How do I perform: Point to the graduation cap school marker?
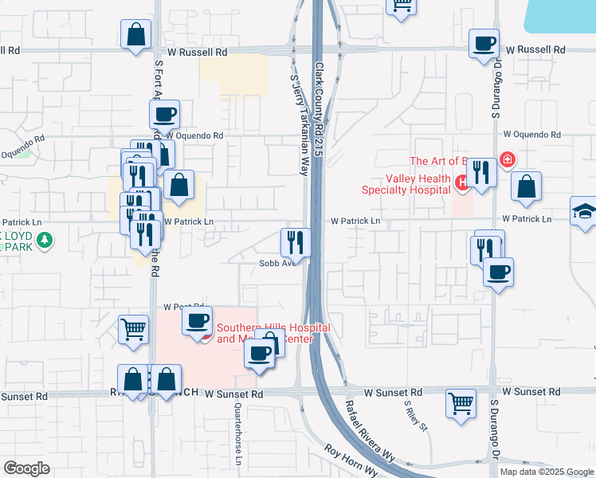[x=585, y=212]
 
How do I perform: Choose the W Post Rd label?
[x=180, y=307]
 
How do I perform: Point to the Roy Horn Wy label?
[x=351, y=460]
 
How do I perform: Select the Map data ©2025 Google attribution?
[x=547, y=472]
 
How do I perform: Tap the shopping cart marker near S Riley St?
[x=461, y=403]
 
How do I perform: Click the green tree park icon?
[x=45, y=239]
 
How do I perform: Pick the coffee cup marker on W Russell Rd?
[x=483, y=44]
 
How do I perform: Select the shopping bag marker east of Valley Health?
[x=526, y=188]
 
